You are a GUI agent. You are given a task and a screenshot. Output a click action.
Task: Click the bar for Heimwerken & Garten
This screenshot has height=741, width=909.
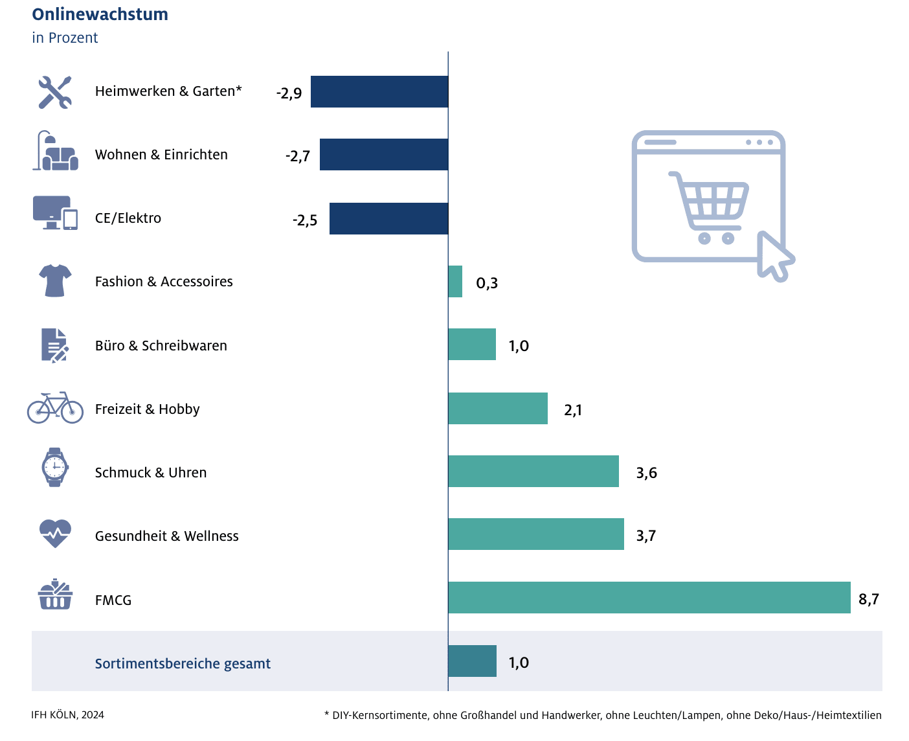click(379, 91)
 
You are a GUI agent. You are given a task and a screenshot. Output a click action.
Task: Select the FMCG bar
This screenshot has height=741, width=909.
click(649, 597)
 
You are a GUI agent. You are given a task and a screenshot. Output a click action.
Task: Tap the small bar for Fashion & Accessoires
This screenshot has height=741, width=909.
click(455, 281)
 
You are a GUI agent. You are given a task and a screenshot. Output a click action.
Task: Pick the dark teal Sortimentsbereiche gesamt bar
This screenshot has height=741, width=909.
click(472, 661)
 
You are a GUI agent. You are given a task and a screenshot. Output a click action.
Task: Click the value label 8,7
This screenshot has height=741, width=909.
click(868, 599)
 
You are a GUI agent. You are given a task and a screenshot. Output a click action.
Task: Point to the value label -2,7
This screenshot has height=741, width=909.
click(298, 156)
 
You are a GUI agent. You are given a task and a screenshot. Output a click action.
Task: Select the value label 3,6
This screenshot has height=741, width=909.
click(646, 473)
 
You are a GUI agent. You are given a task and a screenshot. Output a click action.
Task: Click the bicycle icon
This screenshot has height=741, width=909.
click(55, 408)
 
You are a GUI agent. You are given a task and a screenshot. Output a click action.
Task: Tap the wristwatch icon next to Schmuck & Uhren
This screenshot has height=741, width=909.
click(55, 467)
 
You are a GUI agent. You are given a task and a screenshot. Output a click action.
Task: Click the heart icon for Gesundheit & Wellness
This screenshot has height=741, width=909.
click(55, 533)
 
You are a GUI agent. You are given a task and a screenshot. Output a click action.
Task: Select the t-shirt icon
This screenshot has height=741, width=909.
click(55, 280)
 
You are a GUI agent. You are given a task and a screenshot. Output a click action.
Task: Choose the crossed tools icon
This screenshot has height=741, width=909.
click(55, 92)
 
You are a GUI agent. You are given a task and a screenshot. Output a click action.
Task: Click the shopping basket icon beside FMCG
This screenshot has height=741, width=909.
click(55, 595)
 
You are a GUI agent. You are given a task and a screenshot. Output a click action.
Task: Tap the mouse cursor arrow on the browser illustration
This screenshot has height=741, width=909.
click(774, 256)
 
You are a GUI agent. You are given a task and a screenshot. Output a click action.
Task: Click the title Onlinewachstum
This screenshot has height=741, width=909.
click(100, 14)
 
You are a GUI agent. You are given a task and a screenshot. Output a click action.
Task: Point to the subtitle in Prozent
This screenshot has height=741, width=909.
click(65, 38)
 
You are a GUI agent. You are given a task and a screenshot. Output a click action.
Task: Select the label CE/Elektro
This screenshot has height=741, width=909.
click(128, 218)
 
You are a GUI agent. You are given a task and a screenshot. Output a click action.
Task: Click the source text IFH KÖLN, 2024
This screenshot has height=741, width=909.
click(67, 715)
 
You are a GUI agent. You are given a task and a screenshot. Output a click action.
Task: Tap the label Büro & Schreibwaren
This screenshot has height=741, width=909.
click(161, 346)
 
